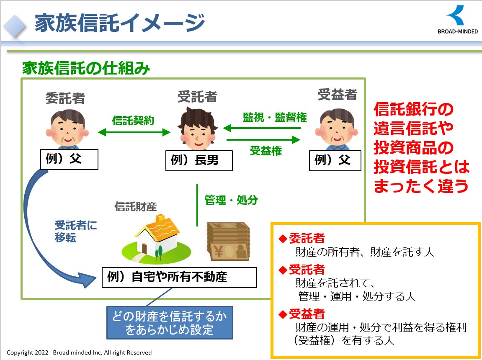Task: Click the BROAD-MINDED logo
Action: pyautogui.click(x=457, y=20)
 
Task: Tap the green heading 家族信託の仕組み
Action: pyautogui.click(x=86, y=68)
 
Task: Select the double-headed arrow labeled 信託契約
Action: pyautogui.click(x=134, y=132)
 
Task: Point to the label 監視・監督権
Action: pyautogui.click(x=275, y=118)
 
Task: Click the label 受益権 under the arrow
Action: pyautogui.click(x=266, y=151)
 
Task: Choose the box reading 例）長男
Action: pyautogui.click(x=199, y=160)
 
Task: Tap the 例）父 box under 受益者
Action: pyautogui.click(x=335, y=160)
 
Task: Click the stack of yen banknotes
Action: pyautogui.click(x=228, y=242)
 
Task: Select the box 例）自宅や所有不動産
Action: pyautogui.click(x=179, y=277)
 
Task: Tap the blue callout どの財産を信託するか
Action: pyautogui.click(x=170, y=323)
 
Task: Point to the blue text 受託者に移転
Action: pyautogui.click(x=75, y=231)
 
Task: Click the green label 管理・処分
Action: pyautogui.click(x=231, y=200)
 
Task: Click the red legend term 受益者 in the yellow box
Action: pyautogui.click(x=307, y=314)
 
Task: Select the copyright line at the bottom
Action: pyautogui.click(x=79, y=352)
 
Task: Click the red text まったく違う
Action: pyautogui.click(x=420, y=185)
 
